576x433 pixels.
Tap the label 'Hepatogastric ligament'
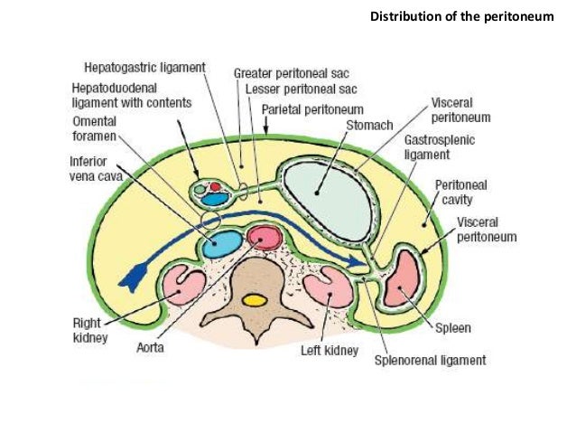(x=145, y=68)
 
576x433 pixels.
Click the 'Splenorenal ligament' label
(x=430, y=360)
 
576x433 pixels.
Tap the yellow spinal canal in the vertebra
(x=255, y=299)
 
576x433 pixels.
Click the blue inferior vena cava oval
(x=221, y=242)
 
